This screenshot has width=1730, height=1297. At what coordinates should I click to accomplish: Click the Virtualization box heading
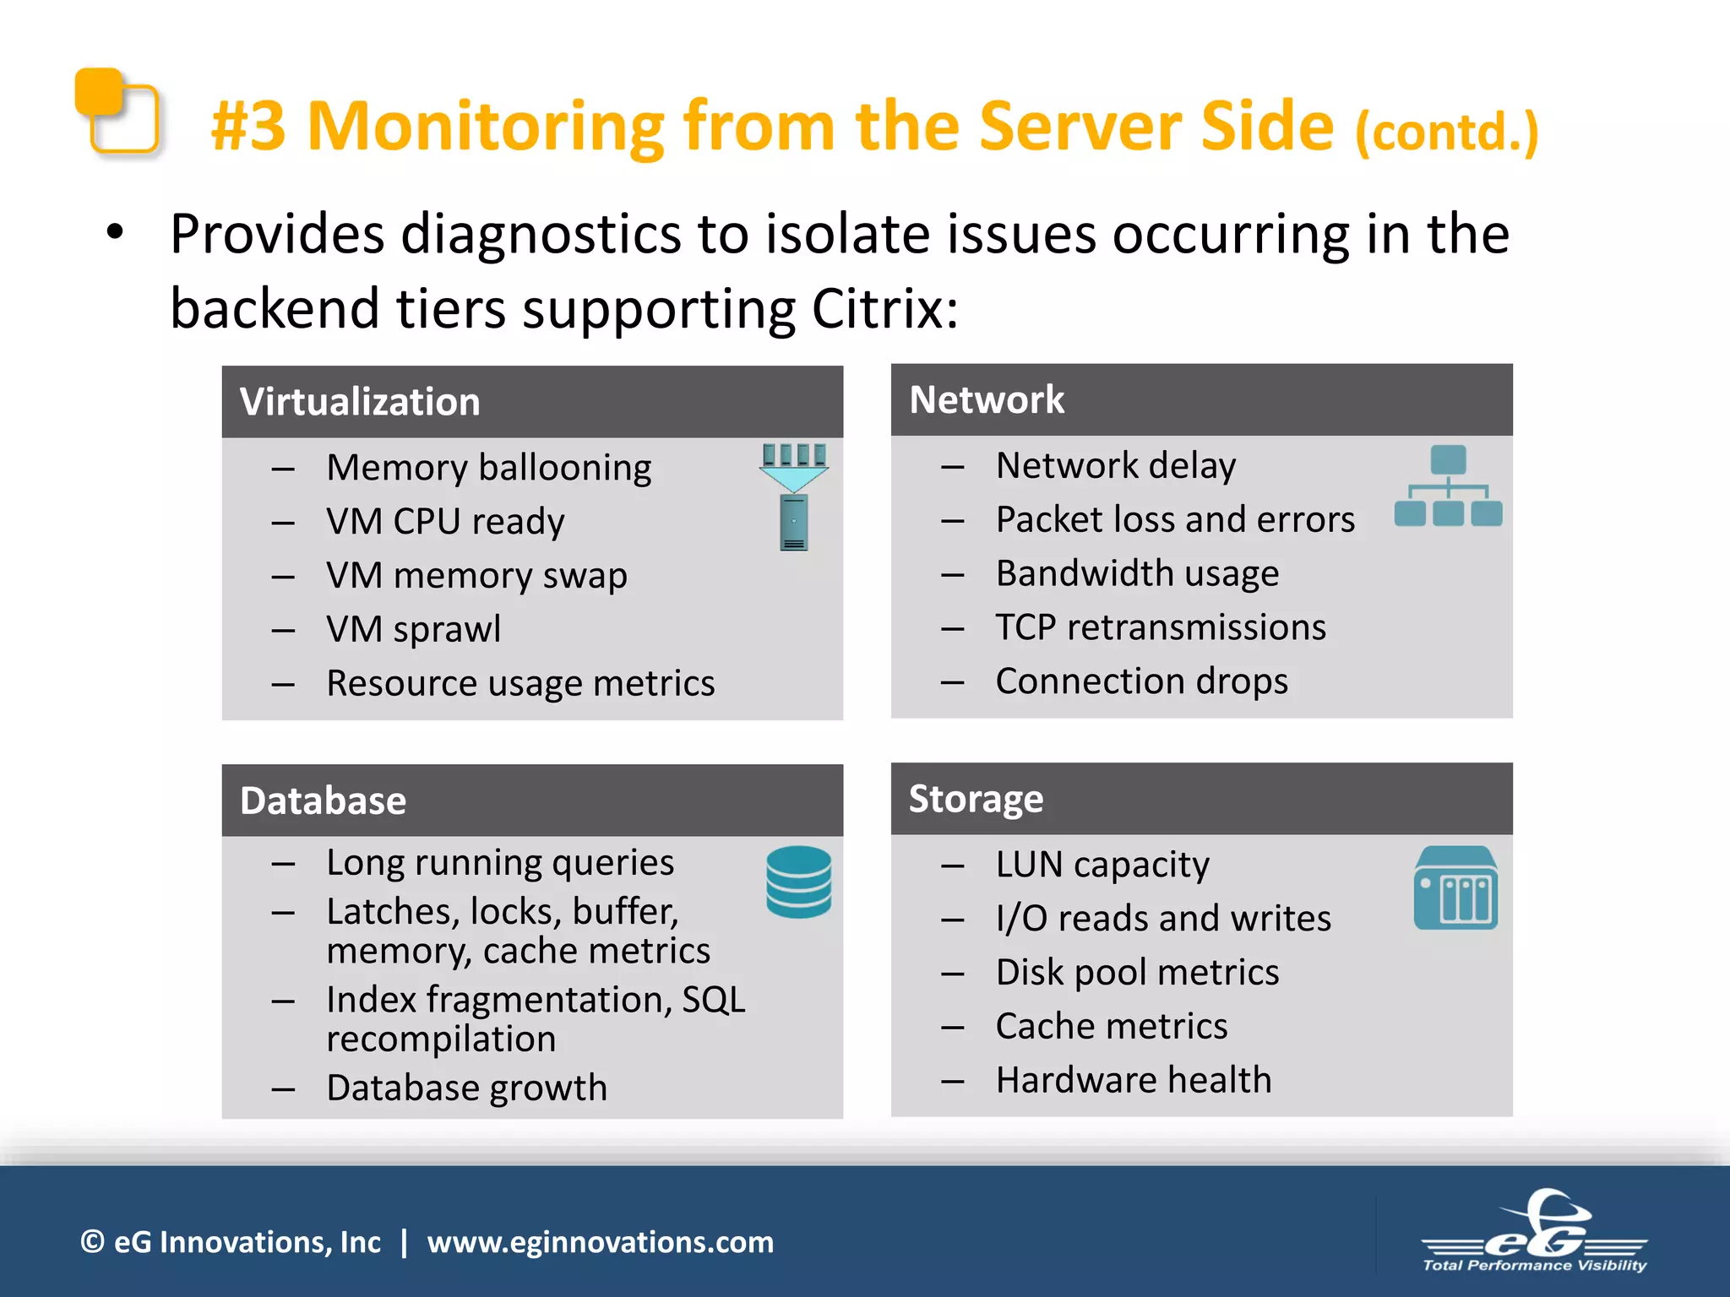(360, 402)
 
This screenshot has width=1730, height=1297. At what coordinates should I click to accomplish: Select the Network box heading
(987, 399)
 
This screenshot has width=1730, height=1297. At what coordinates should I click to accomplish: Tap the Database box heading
(323, 800)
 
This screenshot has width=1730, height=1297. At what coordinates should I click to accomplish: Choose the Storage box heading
(976, 799)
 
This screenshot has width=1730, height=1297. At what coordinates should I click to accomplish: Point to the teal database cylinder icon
(798, 882)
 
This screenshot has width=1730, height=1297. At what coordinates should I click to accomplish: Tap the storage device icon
(1455, 888)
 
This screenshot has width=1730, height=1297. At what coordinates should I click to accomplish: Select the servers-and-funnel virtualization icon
(794, 496)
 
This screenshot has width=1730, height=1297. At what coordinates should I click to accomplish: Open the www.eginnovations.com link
(600, 1242)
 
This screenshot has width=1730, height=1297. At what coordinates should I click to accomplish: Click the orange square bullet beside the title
(117, 111)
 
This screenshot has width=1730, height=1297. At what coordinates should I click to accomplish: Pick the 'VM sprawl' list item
(413, 629)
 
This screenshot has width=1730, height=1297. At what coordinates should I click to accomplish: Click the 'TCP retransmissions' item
(1161, 627)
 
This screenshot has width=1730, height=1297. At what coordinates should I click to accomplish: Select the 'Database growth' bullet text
(466, 1088)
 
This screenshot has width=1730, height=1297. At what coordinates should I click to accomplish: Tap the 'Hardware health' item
(1133, 1080)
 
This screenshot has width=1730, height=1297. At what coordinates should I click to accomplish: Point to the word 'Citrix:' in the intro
(884, 309)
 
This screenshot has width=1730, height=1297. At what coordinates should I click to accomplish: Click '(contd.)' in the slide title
(1447, 132)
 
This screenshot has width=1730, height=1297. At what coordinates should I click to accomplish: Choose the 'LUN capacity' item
(1102, 865)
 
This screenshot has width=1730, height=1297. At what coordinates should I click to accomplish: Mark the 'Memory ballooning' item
(488, 468)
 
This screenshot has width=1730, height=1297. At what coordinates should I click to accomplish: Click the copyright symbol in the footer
(92, 1242)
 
